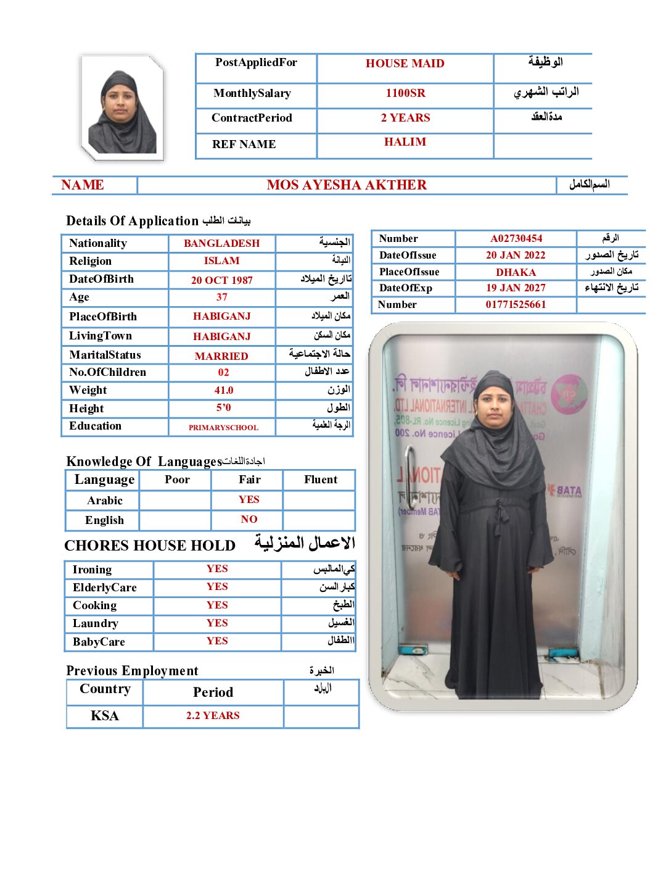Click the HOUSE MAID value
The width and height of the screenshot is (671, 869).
tap(405, 64)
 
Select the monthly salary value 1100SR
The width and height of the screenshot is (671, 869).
tap(405, 93)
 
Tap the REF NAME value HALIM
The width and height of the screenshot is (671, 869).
tap(405, 142)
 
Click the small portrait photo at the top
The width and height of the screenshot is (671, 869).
tap(122, 109)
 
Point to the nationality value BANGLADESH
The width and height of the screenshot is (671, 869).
tap(221, 243)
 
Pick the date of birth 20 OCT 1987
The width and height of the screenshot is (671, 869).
tap(221, 280)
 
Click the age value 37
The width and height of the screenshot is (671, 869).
tap(221, 297)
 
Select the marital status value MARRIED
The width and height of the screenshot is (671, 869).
tap(221, 356)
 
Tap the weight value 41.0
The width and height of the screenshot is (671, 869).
tap(223, 390)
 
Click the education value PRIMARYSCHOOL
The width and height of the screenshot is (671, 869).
tap(223, 427)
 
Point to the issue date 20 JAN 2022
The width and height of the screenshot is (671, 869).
tap(516, 255)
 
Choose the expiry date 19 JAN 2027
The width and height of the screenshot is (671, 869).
tap(516, 288)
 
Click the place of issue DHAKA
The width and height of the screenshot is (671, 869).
tap(516, 272)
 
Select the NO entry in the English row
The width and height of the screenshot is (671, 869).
tap(249, 520)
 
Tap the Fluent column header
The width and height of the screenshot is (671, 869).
tap(320, 480)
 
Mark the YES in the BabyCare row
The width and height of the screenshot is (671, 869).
tap(217, 641)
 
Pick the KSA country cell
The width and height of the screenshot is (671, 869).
tap(104, 716)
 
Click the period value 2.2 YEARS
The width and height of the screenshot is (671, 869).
tap(213, 716)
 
